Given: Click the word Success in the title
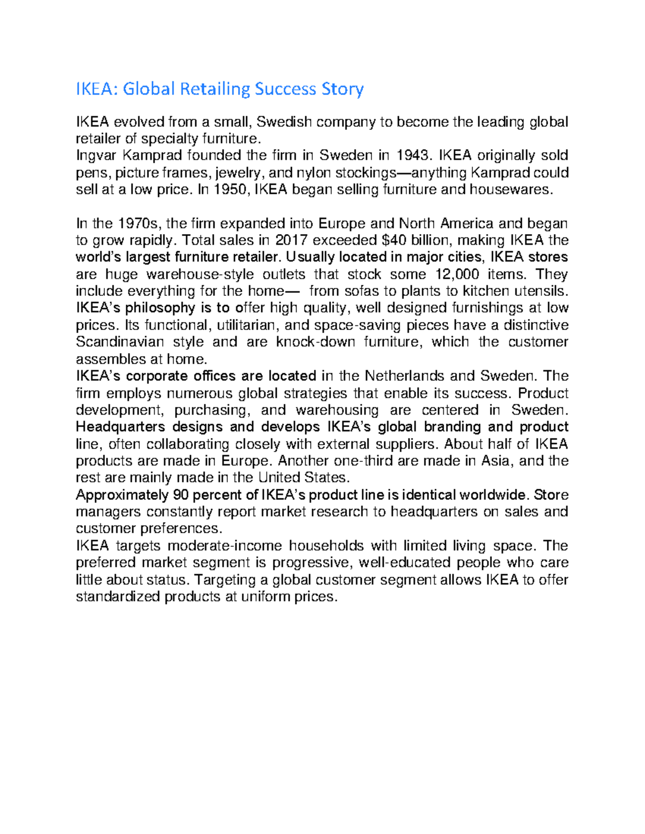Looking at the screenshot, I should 285,89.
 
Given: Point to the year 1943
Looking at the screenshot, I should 413,156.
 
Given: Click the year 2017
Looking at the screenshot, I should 290,240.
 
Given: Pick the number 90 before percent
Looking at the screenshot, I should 180,495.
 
